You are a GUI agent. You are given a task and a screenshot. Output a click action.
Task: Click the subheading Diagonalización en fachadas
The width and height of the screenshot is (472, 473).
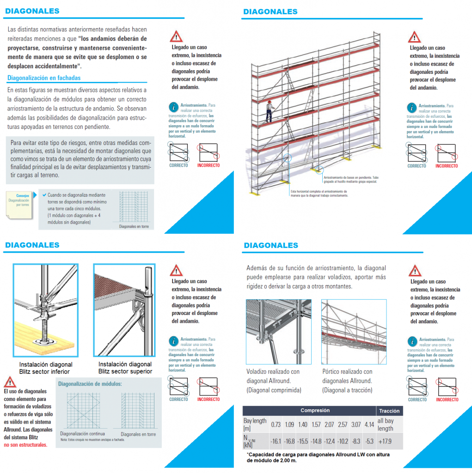click(44, 78)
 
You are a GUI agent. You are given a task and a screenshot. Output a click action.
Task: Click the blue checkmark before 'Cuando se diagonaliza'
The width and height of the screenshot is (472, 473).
click(43, 195)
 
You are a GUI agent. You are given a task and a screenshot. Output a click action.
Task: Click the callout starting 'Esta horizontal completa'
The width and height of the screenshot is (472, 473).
click(319, 193)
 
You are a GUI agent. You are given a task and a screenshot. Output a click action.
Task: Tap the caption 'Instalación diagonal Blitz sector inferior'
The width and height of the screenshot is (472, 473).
click(45, 368)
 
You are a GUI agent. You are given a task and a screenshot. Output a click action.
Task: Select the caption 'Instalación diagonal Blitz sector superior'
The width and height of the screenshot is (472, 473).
click(125, 368)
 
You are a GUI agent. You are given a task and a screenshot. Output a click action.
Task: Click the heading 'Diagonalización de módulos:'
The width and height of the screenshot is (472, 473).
click(90, 384)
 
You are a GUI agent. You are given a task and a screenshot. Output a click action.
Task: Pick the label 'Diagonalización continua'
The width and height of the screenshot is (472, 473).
click(82, 434)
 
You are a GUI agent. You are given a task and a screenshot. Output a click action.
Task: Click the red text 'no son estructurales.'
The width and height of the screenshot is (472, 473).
click(25, 445)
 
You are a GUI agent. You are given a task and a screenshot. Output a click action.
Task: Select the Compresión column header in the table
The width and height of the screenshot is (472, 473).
click(315, 410)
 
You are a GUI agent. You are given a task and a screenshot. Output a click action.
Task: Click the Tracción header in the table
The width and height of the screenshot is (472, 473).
click(390, 411)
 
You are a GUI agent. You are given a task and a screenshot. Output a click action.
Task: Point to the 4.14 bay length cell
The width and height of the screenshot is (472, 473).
click(369, 424)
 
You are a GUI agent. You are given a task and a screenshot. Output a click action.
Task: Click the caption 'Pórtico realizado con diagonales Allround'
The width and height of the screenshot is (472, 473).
click(347, 381)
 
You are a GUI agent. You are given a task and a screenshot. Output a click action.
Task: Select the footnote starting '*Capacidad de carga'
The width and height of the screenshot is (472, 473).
click(318, 457)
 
